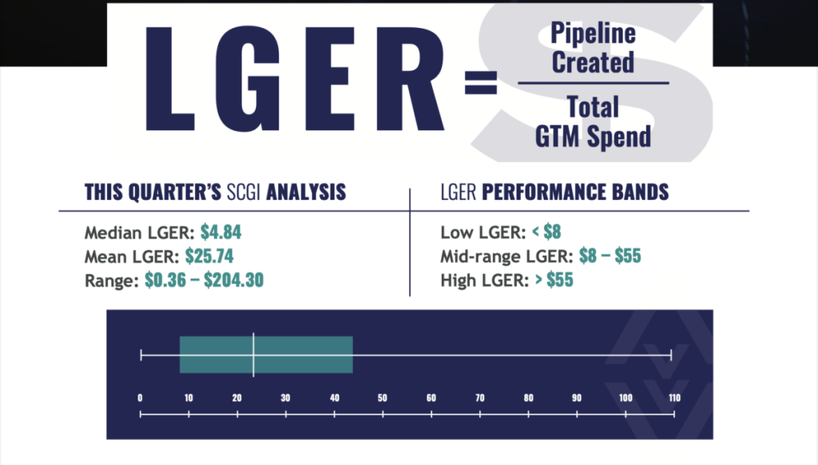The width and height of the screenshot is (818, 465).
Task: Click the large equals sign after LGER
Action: pyautogui.click(x=480, y=82)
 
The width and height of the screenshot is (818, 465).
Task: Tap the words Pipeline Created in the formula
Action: pyautogui.click(x=594, y=48)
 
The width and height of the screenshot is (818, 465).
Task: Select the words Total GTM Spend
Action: pyautogui.click(x=594, y=122)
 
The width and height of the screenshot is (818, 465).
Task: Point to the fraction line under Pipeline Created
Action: pyautogui.click(x=594, y=82)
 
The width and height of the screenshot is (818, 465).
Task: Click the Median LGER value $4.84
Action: pyautogui.click(x=220, y=232)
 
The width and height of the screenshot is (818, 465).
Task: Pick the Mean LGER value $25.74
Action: pyautogui.click(x=209, y=256)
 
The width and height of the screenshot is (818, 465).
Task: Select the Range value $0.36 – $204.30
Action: pyautogui.click(x=204, y=280)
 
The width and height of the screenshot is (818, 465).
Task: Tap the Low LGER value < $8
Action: pyautogui.click(x=546, y=232)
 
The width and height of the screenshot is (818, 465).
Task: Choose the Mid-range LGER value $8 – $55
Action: pyautogui.click(x=610, y=256)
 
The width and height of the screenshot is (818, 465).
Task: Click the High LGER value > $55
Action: pyautogui.click(x=554, y=280)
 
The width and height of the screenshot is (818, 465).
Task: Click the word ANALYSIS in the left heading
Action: pyautogui.click(x=306, y=192)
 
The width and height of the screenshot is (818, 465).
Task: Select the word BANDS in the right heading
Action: pyautogui.click(x=640, y=192)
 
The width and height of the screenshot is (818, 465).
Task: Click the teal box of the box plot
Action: pyautogui.click(x=266, y=355)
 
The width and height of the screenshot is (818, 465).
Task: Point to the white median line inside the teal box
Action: pyautogui.click(x=253, y=355)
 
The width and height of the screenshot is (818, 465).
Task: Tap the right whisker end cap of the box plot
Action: pyautogui.click(x=671, y=356)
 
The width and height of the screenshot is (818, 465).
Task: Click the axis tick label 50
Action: pyautogui.click(x=383, y=398)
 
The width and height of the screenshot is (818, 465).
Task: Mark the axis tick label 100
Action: pyautogui.click(x=625, y=398)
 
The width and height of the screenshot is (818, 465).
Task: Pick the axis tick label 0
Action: pyautogui.click(x=140, y=398)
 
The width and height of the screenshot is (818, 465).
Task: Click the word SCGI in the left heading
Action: pyautogui.click(x=244, y=192)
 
